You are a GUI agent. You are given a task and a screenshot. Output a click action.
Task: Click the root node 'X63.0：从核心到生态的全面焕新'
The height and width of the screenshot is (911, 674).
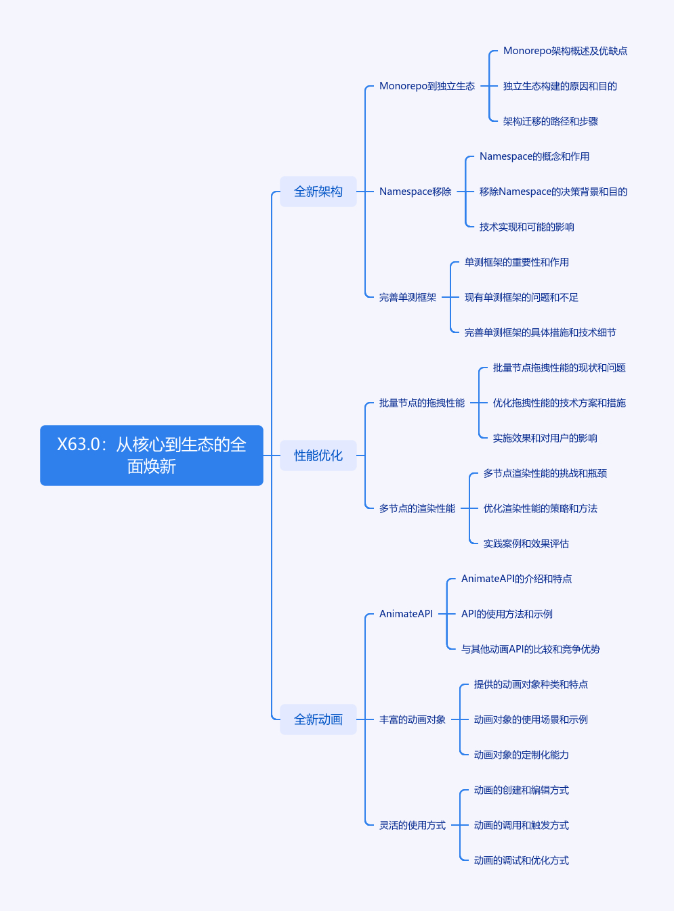(x=151, y=455)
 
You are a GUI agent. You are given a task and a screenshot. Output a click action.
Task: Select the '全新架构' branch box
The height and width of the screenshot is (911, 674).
(x=318, y=192)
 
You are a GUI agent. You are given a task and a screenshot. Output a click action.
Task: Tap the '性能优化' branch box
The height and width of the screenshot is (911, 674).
(x=318, y=455)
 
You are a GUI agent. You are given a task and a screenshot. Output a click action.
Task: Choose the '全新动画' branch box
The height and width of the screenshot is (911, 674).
(x=318, y=719)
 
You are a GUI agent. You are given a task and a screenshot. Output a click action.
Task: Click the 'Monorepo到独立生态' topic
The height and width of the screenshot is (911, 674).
(x=427, y=86)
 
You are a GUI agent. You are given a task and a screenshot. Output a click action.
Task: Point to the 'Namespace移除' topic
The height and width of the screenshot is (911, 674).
(x=415, y=192)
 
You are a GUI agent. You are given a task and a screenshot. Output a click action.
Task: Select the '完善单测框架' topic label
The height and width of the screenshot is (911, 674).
(x=408, y=297)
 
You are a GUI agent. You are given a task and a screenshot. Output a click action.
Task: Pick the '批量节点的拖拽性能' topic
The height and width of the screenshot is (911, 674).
(x=422, y=403)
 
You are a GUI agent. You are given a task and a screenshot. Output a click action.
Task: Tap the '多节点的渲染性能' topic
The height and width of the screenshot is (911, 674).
(x=417, y=508)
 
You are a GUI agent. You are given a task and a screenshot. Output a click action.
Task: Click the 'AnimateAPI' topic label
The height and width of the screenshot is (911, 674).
(x=406, y=614)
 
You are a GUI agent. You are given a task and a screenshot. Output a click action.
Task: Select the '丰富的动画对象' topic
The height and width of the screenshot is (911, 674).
(x=413, y=719)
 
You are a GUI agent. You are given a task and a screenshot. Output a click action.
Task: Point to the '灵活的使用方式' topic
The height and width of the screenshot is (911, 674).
(x=413, y=825)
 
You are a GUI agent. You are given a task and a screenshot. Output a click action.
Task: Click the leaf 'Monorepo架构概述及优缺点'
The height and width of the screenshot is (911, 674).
(x=565, y=51)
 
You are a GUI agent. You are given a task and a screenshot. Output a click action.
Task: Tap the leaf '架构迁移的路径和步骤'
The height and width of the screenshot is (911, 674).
(x=551, y=121)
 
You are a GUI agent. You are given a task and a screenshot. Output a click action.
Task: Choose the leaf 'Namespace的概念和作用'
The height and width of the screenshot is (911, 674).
(x=534, y=156)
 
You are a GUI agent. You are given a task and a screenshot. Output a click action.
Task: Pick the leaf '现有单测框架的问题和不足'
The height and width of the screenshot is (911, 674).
(x=522, y=297)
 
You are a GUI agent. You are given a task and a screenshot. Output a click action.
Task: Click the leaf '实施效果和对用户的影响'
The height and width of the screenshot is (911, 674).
(x=545, y=438)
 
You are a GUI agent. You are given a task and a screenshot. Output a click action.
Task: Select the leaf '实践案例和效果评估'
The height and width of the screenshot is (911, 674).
(x=526, y=543)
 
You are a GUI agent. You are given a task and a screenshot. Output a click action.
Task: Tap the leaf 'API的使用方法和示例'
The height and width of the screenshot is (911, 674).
(x=507, y=614)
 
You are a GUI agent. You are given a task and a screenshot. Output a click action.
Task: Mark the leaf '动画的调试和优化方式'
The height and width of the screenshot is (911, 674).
(x=522, y=860)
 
